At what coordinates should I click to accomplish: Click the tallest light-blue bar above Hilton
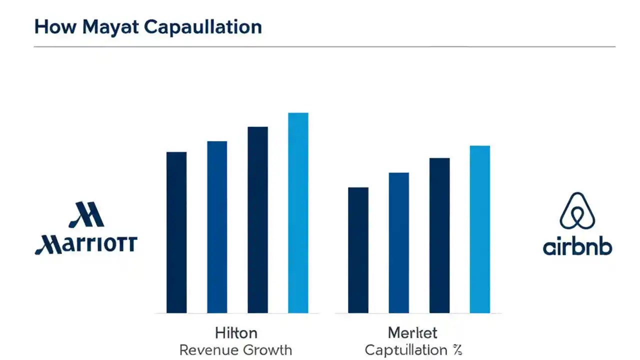(298, 212)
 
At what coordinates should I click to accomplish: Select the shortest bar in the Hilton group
(176, 232)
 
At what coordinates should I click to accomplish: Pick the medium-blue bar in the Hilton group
(217, 227)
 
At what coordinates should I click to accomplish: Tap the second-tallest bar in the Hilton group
(257, 219)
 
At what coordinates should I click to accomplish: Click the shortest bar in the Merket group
(358, 250)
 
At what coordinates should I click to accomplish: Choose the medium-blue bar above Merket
(398, 242)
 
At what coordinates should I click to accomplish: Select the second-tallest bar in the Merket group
(439, 235)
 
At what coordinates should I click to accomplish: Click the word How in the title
(49, 27)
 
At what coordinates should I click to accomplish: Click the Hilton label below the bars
(236, 332)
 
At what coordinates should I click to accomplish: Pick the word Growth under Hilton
(269, 349)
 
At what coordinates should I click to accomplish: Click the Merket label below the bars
(412, 332)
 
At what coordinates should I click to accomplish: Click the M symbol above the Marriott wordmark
(85, 215)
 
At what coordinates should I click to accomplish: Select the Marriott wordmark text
(85, 244)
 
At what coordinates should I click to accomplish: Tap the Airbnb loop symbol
(577, 212)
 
